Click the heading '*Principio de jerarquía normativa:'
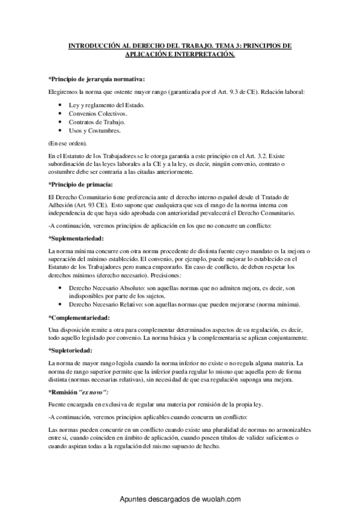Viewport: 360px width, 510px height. pos(96,79)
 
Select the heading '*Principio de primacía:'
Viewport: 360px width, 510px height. pos(80,183)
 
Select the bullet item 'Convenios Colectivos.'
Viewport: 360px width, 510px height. pos(97,113)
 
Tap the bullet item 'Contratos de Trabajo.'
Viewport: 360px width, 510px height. pos(97,121)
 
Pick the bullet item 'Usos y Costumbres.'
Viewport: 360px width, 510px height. pos(94,130)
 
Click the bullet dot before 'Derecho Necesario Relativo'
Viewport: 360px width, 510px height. pos(63,305)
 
